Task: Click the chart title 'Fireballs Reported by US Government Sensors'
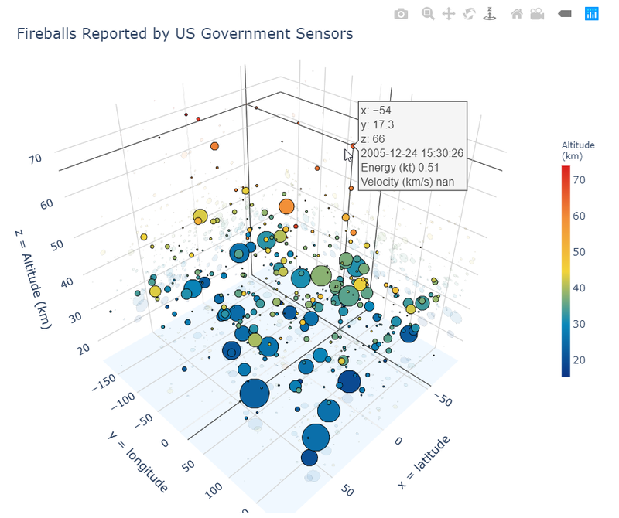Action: point(185,34)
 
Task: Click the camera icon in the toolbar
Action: point(401,14)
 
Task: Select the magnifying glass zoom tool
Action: point(428,14)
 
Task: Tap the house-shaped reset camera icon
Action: point(516,14)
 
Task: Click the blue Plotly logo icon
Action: point(592,13)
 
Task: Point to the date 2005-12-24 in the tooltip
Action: point(412,153)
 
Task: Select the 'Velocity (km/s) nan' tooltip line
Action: point(407,182)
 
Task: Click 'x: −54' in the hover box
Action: point(375,110)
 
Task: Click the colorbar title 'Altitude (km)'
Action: point(578,150)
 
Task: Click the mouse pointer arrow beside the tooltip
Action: point(349,155)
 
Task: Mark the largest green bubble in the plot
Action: point(321,276)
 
